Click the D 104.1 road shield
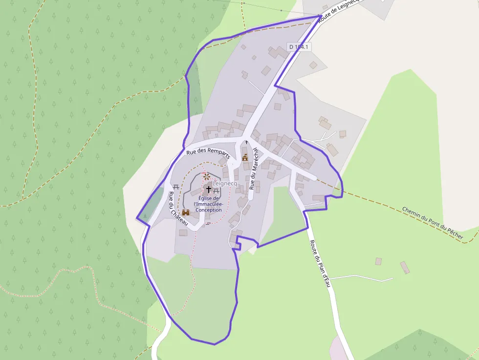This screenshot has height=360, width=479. pos(299,47)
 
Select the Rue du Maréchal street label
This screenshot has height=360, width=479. pos(253,169)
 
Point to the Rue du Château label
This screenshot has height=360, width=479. pos(177,208)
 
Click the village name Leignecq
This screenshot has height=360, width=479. pos(225,183)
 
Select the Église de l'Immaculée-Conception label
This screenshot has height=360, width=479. pos(208,204)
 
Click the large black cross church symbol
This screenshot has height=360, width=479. pos(209,189)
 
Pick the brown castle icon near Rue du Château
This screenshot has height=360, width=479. pos(186,212)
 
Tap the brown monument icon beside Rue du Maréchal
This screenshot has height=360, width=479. pos(245,158)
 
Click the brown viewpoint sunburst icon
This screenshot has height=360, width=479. pos(207,176)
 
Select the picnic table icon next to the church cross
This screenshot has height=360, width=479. pos(217,190)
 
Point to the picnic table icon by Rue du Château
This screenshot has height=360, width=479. pos(175,186)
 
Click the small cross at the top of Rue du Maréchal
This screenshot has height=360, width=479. pos(246,142)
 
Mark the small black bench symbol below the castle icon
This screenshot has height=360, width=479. pos(208,223)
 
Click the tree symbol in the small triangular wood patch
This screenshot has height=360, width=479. pos(145,215)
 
